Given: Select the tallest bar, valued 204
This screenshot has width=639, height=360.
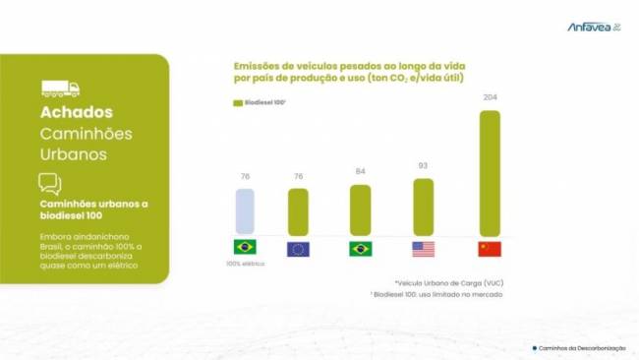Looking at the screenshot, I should (489, 172).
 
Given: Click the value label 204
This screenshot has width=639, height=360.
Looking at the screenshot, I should (489, 97).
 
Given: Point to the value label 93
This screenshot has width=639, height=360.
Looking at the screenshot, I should (424, 166).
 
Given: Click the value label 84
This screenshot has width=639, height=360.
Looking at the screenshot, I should (361, 172).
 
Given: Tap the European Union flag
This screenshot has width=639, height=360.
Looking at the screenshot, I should (298, 248).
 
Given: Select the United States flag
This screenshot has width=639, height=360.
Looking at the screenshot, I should (424, 248).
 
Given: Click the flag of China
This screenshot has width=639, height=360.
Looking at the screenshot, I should (489, 248).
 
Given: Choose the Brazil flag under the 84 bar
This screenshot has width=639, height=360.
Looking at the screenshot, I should (361, 248).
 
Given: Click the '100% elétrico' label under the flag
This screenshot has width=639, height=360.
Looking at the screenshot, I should (245, 264).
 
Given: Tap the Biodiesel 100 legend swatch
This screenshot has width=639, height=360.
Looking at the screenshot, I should (238, 103).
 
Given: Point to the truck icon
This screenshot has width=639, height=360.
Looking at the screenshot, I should (60, 89).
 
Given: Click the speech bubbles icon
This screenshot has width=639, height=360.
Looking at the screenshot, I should (50, 183).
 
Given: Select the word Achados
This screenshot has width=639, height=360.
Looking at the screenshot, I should (76, 113).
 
